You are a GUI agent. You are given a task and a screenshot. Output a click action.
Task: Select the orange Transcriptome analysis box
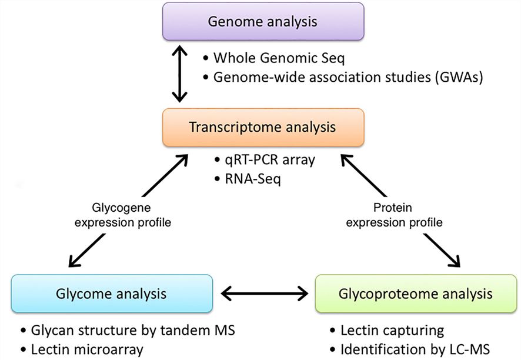[x=263, y=126]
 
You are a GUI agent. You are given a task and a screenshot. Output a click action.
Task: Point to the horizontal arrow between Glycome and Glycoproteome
[x=263, y=292]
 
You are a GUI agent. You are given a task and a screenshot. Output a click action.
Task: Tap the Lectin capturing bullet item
[x=392, y=330]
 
